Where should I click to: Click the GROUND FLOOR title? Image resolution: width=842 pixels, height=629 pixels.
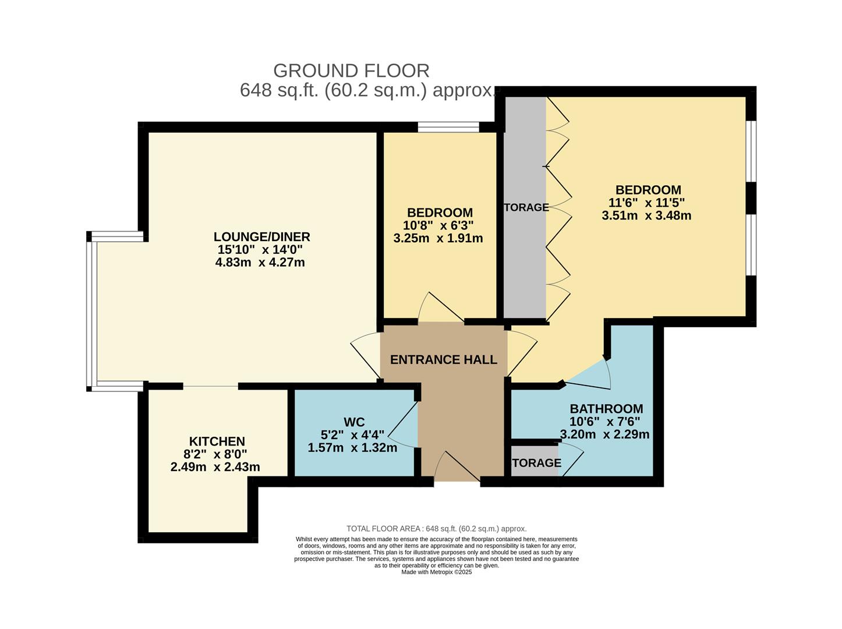pyautogui.click(x=351, y=70)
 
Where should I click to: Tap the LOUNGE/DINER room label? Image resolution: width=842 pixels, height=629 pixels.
pyautogui.click(x=261, y=236)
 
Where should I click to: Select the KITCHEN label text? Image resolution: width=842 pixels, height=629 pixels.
pyautogui.click(x=217, y=441)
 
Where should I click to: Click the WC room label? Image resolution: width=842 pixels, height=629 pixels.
pyautogui.click(x=354, y=422)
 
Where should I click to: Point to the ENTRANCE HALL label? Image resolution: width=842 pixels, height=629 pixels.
pyautogui.click(x=443, y=359)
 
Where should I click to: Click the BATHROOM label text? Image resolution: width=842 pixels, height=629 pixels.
pyautogui.click(x=606, y=408)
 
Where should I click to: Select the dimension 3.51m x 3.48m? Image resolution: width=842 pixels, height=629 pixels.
pyautogui.click(x=646, y=215)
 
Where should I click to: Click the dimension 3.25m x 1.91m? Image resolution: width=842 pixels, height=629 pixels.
pyautogui.click(x=438, y=238)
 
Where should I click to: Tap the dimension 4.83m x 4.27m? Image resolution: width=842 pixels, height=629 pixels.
pyautogui.click(x=260, y=262)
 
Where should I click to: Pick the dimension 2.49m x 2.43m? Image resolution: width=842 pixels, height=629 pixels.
pyautogui.click(x=215, y=467)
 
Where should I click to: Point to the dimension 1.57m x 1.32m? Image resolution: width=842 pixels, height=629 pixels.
pyautogui.click(x=352, y=448)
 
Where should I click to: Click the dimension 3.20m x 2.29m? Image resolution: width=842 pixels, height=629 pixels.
pyautogui.click(x=604, y=434)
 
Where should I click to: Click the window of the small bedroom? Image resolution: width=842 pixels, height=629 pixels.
pyautogui.click(x=448, y=127)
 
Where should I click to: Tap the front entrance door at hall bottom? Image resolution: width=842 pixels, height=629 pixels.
pyautogui.click(x=457, y=469)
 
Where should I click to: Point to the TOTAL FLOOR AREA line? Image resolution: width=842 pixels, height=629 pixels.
pyautogui.click(x=436, y=529)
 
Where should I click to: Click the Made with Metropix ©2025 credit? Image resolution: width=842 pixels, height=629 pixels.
pyautogui.click(x=436, y=572)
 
